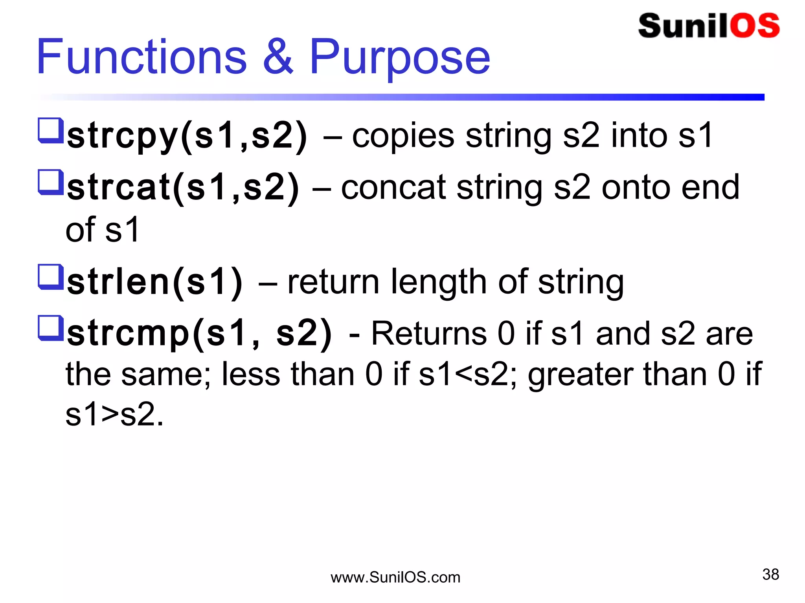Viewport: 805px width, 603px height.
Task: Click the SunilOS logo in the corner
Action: coord(709,26)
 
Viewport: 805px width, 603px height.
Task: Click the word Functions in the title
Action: coord(142,57)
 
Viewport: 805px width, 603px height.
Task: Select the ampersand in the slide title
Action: coord(278,57)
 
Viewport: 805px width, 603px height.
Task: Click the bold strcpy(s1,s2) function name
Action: coord(187,136)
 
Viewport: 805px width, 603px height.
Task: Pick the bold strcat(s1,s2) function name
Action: coord(183,188)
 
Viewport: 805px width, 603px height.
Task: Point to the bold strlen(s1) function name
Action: coord(155,282)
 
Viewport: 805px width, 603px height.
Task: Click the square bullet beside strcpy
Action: coord(51,130)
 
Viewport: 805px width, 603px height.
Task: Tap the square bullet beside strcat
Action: coord(51,182)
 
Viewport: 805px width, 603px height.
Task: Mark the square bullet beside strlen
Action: coord(51,277)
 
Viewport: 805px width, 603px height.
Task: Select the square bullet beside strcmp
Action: coord(51,328)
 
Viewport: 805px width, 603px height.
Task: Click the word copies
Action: coord(403,136)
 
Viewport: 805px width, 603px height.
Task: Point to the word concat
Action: coord(393,188)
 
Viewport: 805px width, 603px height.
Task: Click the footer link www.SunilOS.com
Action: coord(395,577)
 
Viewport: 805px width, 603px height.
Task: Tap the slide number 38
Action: coord(770,574)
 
